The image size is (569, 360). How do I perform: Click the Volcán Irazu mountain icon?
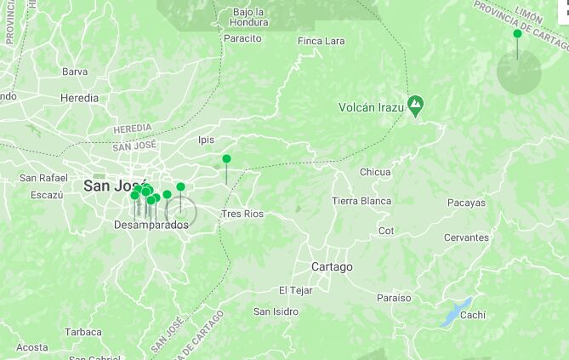pos(416,106)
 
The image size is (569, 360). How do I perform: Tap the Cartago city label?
pos(332,266)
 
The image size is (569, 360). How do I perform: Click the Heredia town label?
pos(79,98)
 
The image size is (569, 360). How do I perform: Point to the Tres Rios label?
pos(242,214)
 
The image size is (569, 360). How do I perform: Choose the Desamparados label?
pos(151,225)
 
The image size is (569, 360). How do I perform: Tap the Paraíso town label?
pos(393,298)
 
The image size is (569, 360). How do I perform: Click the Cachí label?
pos(473,315)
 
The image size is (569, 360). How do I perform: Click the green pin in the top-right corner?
pos(517,34)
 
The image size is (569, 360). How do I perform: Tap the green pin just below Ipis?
pos(226,159)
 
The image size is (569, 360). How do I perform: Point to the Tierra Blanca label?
pos(361,201)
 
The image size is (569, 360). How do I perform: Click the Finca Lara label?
pos(321,41)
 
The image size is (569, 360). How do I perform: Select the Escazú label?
pos(47,195)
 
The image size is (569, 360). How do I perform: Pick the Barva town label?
pos(75,72)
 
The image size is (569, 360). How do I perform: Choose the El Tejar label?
pos(296,290)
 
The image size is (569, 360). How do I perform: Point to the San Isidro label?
pos(276,311)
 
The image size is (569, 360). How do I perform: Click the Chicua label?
pos(375,172)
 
